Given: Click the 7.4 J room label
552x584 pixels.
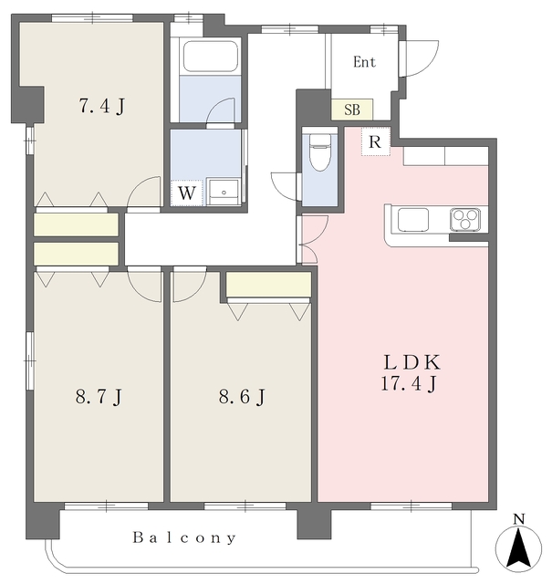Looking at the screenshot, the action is coord(101,106).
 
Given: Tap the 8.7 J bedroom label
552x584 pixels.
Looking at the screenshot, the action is coord(99,396).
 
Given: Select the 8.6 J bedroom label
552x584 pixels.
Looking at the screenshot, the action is coord(242,396).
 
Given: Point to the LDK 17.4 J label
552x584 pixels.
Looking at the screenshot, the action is coord(411,373).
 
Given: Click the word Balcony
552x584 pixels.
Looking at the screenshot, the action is coord(184,537).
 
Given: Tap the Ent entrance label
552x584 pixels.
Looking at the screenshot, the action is coord(364,62).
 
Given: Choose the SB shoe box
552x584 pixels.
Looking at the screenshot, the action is coord(352,109).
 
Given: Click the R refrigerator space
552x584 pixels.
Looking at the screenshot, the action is coord(375,141).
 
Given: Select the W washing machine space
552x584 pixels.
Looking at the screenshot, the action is coord(187,193).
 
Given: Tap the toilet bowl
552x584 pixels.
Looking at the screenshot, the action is coord(320,152).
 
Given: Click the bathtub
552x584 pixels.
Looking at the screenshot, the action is coord(211,56).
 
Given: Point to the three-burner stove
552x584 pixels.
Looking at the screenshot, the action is coord(464,219).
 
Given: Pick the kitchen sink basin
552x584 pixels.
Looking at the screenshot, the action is coord(413,220).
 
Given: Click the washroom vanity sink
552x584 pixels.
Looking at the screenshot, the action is coord(224,192).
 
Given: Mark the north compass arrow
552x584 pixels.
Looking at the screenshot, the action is coord(518,548).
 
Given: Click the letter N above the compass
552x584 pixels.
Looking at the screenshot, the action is coord(518,519).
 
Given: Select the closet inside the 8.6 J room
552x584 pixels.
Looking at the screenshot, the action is coord(268,285).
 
